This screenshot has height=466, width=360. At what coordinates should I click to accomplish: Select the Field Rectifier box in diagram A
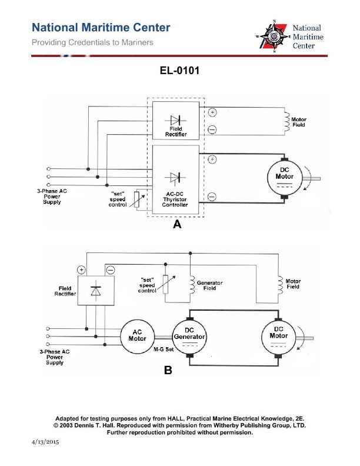click(x=175, y=121)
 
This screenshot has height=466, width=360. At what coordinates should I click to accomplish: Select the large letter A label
click(x=176, y=225)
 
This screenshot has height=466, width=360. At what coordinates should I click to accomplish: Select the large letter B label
click(x=168, y=371)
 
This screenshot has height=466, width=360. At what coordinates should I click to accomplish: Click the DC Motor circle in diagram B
click(x=278, y=335)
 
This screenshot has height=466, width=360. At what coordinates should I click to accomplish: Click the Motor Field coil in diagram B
click(x=279, y=284)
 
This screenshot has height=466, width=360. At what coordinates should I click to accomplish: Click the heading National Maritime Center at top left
click(x=101, y=28)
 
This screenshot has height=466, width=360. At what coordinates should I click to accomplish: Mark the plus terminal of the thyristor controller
click(x=212, y=159)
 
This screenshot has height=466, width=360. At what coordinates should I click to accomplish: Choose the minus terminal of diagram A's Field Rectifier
click(x=212, y=129)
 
